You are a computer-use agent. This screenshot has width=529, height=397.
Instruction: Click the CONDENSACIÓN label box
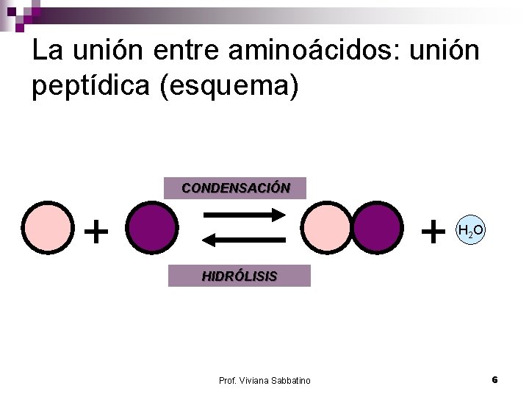coord(235,188)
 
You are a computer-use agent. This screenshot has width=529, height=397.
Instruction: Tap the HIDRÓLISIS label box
coord(240,276)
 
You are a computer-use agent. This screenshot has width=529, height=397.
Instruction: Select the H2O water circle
coord(470,231)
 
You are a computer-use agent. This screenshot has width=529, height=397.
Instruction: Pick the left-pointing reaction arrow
coord(243,240)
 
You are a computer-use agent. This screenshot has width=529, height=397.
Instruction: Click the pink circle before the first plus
coord(48,228)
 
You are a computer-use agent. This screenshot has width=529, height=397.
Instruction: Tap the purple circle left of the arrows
coord(151,228)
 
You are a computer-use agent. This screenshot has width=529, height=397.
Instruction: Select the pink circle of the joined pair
coord(328,228)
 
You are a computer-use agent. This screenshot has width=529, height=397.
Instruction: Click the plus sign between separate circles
coord(96,232)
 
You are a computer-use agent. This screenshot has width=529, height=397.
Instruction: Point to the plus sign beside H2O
coord(433,232)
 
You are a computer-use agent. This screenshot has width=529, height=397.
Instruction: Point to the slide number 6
coord(494,379)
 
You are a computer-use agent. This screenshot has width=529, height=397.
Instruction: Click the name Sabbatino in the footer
coord(289,380)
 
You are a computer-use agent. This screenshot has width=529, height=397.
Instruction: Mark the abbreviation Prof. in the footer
coord(227,380)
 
